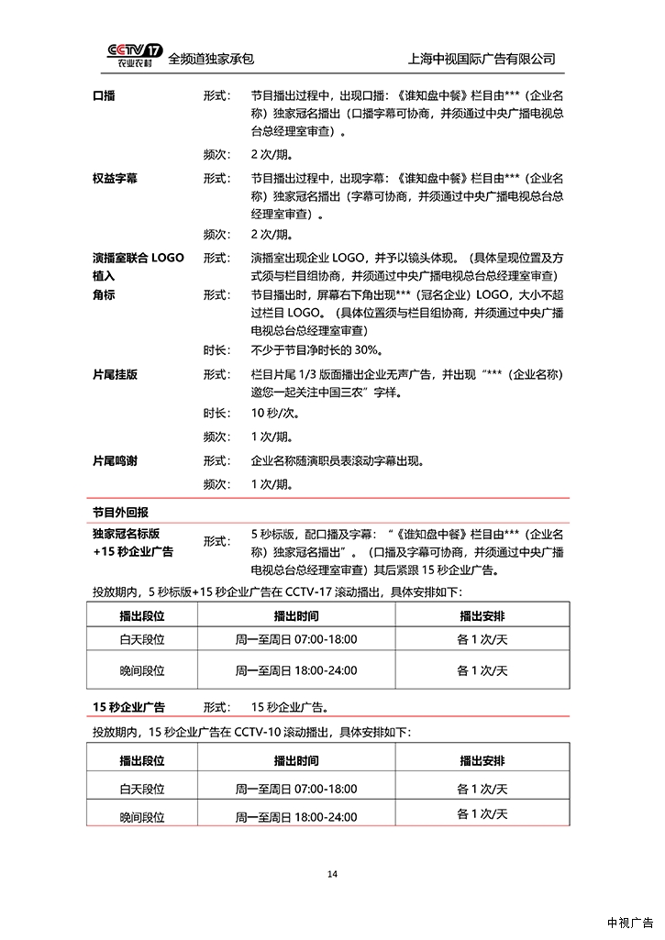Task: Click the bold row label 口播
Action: pos(104,95)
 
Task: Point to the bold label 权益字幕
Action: pos(115,177)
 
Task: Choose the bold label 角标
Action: pos(104,294)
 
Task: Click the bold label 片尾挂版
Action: pos(115,375)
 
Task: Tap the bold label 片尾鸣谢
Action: pos(115,460)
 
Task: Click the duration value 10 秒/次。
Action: pos(278,413)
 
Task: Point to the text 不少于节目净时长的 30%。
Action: pos(316,350)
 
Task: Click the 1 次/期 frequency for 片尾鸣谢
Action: pos(272,484)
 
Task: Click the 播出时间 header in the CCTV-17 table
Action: pos(296,614)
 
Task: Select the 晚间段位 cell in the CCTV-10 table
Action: pos(142,816)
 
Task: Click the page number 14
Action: pos(332,873)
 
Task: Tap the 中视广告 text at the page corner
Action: pos(629,923)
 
